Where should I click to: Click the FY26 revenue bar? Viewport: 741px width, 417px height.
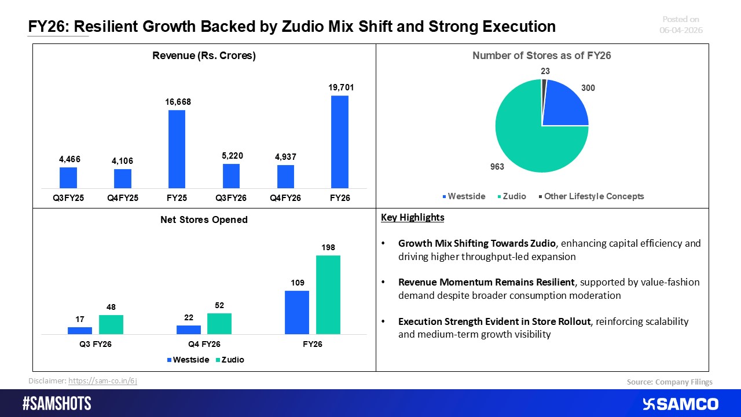click(x=340, y=142)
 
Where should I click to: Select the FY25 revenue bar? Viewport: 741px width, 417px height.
click(x=177, y=149)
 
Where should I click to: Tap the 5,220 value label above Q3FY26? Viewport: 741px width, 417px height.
click(x=231, y=155)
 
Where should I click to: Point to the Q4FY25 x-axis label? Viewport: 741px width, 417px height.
click(x=122, y=197)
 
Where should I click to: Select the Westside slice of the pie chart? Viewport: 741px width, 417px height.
click(x=564, y=104)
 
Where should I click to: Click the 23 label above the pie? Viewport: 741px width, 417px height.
click(x=545, y=71)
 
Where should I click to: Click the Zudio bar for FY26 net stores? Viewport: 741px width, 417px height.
click(x=328, y=295)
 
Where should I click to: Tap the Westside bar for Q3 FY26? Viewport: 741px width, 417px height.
click(x=80, y=330)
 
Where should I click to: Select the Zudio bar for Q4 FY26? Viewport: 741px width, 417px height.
click(x=219, y=323)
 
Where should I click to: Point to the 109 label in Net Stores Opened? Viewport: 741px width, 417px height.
click(x=297, y=282)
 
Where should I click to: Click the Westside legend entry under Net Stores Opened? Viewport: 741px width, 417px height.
click(x=188, y=360)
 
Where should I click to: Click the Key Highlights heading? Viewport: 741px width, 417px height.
click(x=412, y=218)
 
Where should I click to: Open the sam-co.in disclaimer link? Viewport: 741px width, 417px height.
click(x=102, y=381)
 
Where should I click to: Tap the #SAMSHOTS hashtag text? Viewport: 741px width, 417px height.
click(x=57, y=404)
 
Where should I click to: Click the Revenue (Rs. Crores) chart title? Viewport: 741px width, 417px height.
click(x=204, y=56)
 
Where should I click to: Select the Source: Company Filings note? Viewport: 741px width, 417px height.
click(x=669, y=382)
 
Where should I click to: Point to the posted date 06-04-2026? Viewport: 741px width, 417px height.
click(x=681, y=30)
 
